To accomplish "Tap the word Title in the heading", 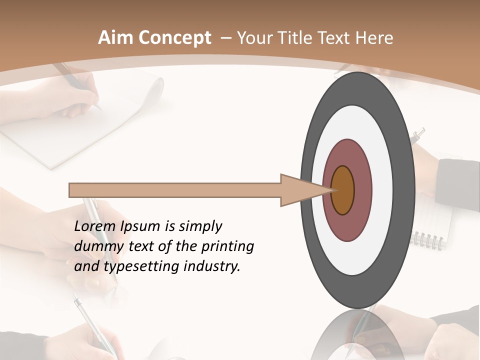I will pyautogui.click(x=298, y=38).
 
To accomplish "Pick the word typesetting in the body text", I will pyautogui.click(x=148, y=266).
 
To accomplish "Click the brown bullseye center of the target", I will pyautogui.click(x=342, y=190).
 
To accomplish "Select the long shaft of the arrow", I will pyautogui.click(x=175, y=190).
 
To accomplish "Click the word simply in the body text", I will pyautogui.click(x=200, y=227).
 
